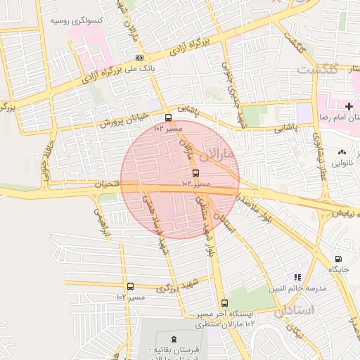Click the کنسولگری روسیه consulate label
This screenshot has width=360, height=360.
(x=76, y=21)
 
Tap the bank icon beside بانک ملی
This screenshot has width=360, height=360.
(x=140, y=58)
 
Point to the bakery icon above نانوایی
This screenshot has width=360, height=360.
(x=342, y=152)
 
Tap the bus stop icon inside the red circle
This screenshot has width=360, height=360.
(x=195, y=173)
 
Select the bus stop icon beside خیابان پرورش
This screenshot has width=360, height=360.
(x=168, y=118)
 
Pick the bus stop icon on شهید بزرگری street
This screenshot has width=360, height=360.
(x=130, y=286)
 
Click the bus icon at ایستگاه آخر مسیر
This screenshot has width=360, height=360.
(x=224, y=303)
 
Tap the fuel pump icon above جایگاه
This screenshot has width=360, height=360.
(x=338, y=259)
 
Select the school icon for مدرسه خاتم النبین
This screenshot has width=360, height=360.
(x=297, y=277)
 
